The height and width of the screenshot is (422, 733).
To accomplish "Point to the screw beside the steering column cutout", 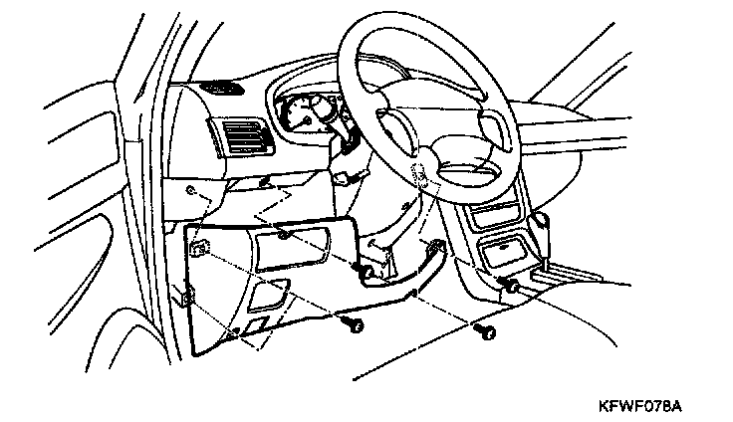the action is (365, 272).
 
